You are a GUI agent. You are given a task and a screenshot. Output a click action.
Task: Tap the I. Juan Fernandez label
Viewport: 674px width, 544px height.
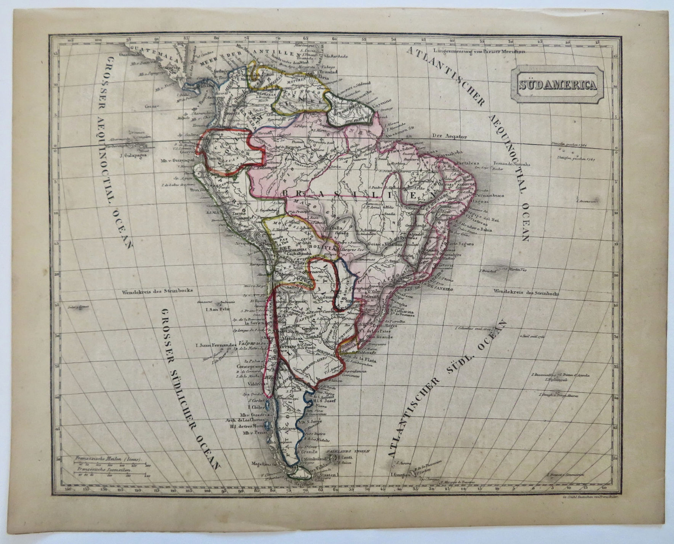click(x=214, y=346)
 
